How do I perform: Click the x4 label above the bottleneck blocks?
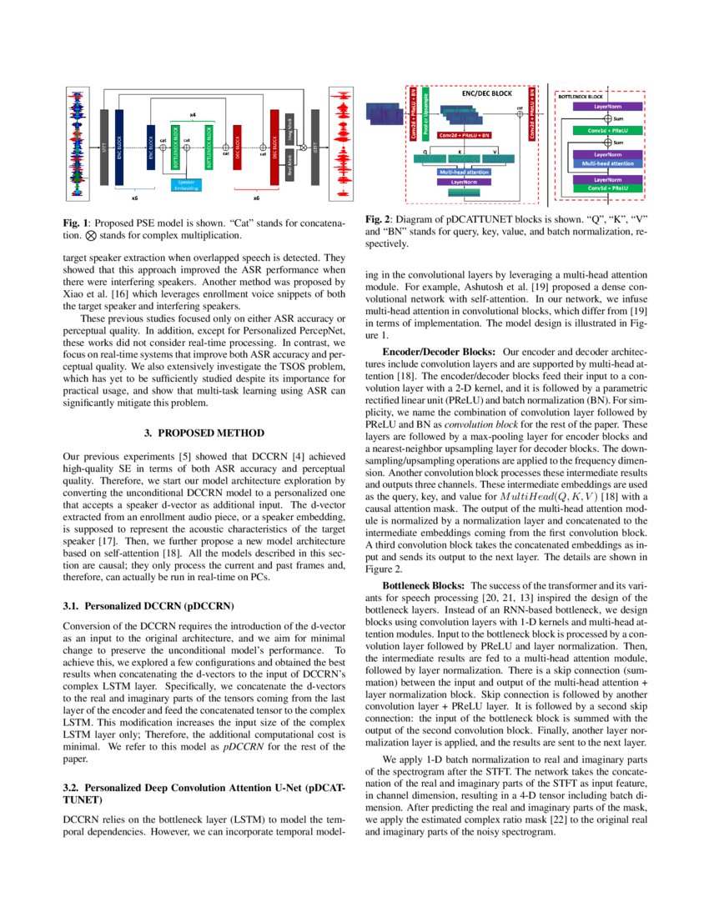[193, 113]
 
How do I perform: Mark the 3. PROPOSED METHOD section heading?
[204, 433]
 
